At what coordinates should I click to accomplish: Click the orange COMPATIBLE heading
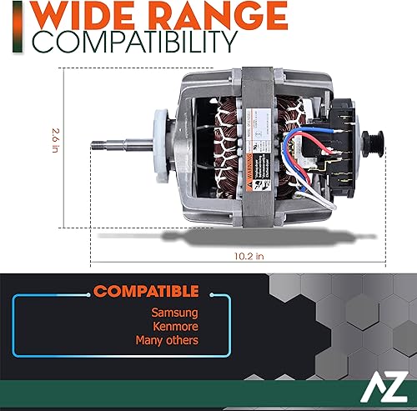[x=147, y=293]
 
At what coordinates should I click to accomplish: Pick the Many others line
[x=168, y=340]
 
